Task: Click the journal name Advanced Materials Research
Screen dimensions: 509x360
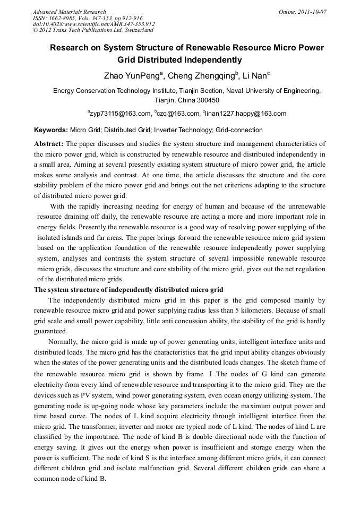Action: [69, 12]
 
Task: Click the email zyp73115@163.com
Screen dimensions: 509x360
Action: [120, 114]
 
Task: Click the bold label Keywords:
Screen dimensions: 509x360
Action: [51, 130]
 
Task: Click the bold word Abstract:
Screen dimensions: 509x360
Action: [49, 144]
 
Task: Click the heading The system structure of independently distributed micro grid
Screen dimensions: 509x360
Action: [128, 289]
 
